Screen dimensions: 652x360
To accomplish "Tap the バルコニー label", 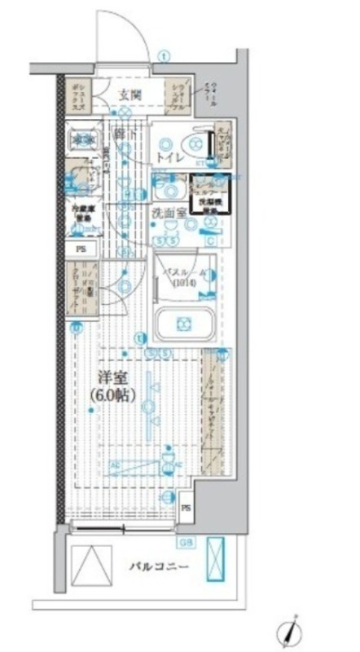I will pyautogui.click(x=158, y=567).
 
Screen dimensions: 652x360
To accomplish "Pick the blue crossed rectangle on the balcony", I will pyautogui.click(x=216, y=561).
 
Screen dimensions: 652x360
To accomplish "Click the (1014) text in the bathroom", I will pyautogui.click(x=184, y=284).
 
